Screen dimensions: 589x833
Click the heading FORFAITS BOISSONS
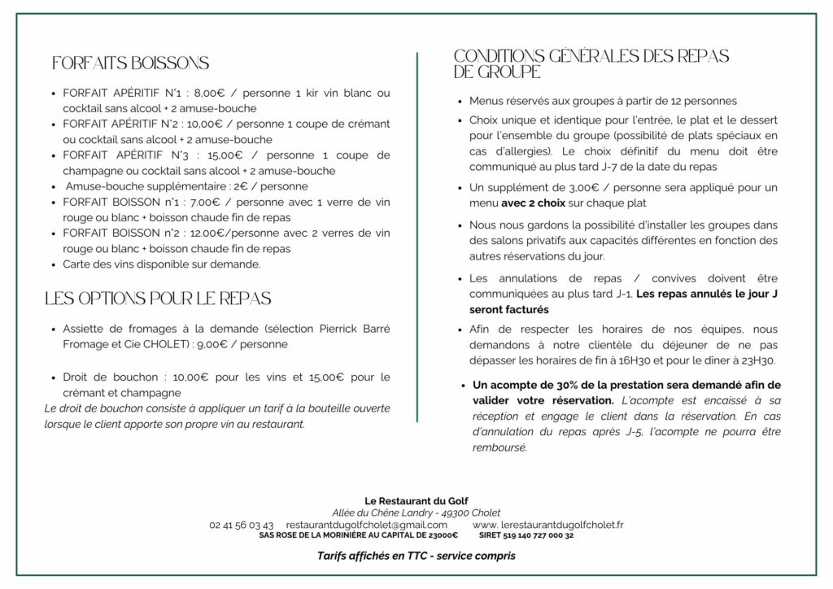pos(130,63)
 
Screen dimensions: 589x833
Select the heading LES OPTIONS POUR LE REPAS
pos(158,299)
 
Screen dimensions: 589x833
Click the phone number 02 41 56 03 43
pos(241,526)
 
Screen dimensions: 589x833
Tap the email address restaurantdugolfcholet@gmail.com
pos(367,526)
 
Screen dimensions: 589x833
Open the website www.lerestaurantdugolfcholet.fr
pos(559,526)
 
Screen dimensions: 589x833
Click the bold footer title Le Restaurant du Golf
pos(416,500)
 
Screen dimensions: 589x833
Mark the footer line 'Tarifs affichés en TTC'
pos(416,556)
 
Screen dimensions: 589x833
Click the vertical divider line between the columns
pos(417,236)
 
